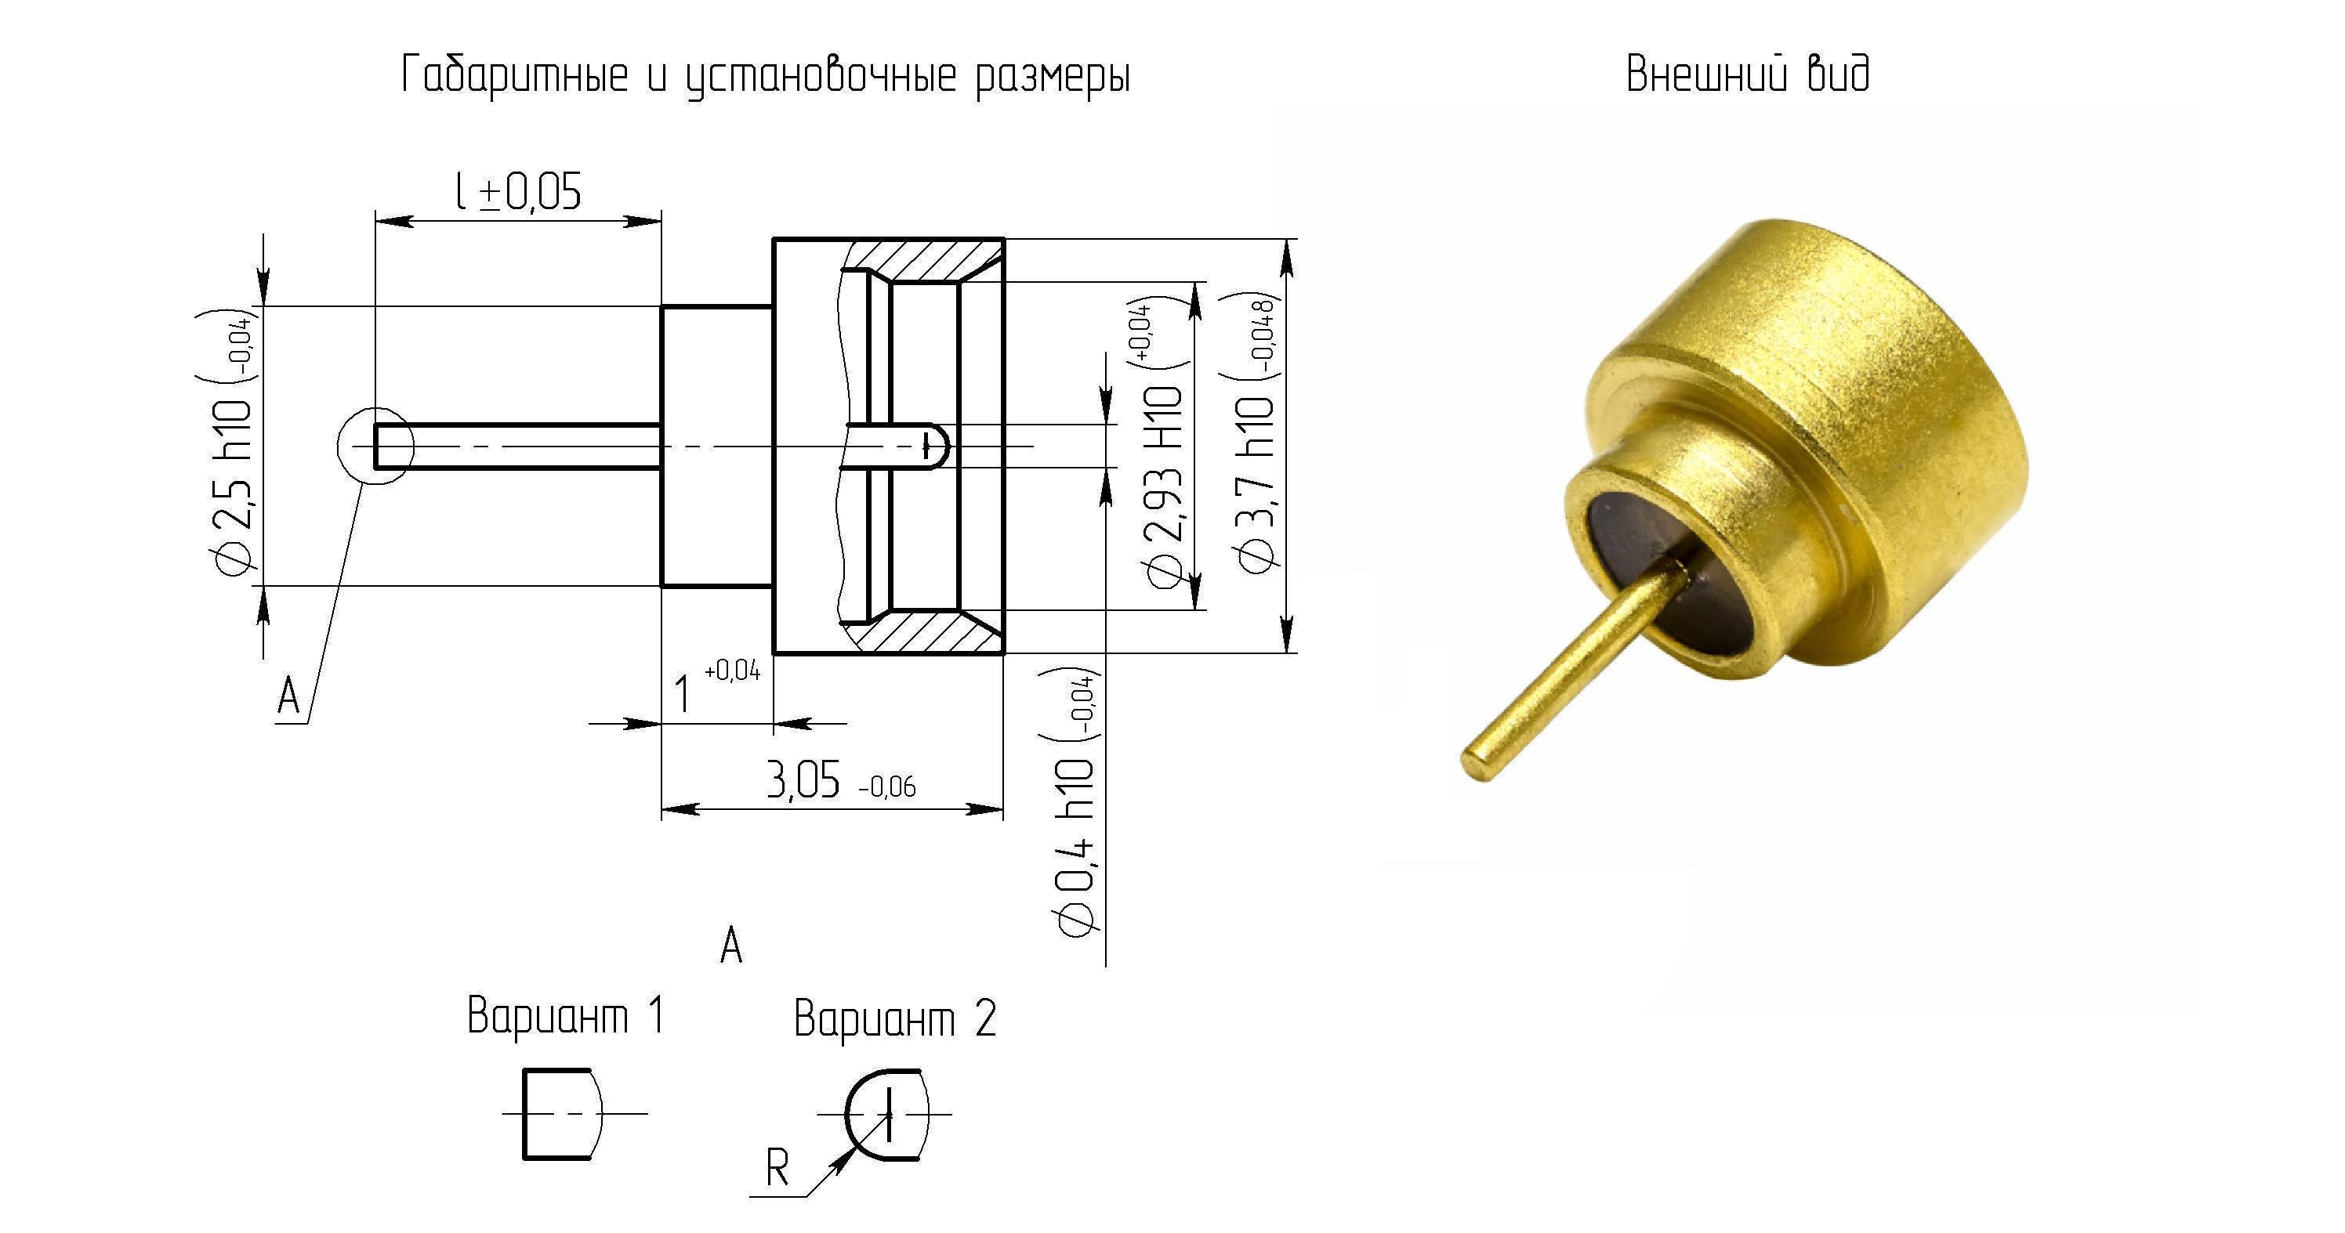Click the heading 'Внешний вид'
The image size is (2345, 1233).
1748,74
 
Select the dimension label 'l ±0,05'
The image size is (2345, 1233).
517,191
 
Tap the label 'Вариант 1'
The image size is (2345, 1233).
565,1015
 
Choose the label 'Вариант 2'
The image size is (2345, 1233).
895,1018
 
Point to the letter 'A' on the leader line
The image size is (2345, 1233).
288,697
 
